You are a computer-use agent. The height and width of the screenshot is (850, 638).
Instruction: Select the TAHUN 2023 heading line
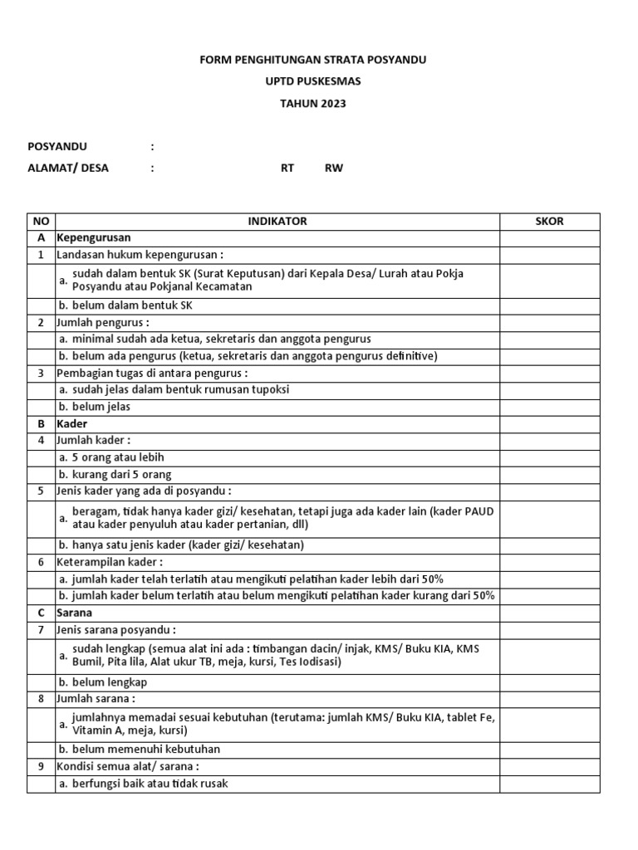tap(313, 104)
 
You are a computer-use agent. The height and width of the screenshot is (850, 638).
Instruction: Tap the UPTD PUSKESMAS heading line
tap(313, 82)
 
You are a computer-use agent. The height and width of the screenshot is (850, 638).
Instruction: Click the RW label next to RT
tap(333, 168)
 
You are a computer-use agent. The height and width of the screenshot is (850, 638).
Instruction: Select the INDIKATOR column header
tap(277, 222)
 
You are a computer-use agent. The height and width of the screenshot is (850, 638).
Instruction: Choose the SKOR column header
tap(549, 222)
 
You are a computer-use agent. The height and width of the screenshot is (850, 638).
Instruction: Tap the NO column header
tap(41, 222)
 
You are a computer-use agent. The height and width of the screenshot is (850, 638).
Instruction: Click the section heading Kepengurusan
tap(94, 238)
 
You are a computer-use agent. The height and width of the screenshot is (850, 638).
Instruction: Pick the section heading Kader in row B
tap(72, 423)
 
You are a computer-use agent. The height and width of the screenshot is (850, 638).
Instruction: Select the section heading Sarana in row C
tap(75, 613)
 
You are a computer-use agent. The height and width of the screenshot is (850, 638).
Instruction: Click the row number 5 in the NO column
tap(41, 491)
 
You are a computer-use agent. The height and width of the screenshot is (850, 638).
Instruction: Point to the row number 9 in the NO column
tap(41, 766)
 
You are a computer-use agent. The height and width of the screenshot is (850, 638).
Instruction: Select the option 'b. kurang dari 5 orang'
tap(115, 474)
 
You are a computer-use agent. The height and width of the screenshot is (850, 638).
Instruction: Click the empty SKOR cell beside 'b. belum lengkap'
tap(549, 682)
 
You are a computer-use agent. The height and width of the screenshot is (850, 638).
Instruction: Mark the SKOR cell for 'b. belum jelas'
tap(549, 407)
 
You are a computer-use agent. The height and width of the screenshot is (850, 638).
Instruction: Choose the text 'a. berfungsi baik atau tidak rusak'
tap(143, 784)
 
